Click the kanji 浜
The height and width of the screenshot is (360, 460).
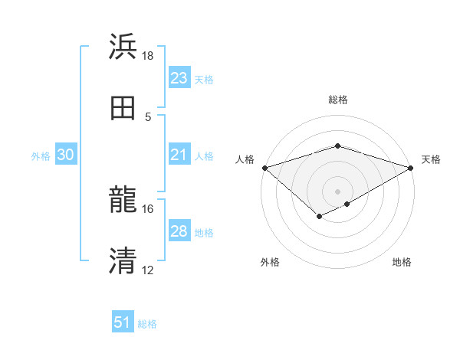[123, 47]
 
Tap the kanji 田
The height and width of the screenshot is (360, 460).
[123, 108]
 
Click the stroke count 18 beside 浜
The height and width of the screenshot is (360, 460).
[148, 56]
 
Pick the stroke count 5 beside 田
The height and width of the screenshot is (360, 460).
[148, 116]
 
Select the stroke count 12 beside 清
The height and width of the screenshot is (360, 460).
[148, 270]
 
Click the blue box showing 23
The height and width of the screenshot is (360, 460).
[179, 78]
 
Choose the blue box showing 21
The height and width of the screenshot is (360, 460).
[179, 155]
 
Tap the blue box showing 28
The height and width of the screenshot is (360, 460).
[179, 231]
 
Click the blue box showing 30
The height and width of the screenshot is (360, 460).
[66, 155]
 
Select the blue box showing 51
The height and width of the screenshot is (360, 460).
[123, 322]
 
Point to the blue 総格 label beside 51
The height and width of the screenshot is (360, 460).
[147, 324]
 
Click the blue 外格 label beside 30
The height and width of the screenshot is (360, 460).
[41, 156]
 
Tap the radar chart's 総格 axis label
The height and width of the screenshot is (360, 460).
[337, 100]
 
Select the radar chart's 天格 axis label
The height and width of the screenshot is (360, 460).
[431, 159]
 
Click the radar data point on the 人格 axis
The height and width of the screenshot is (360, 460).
[264, 168]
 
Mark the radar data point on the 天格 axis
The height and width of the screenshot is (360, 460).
[411, 168]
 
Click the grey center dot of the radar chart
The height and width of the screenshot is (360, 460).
[337, 191]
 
